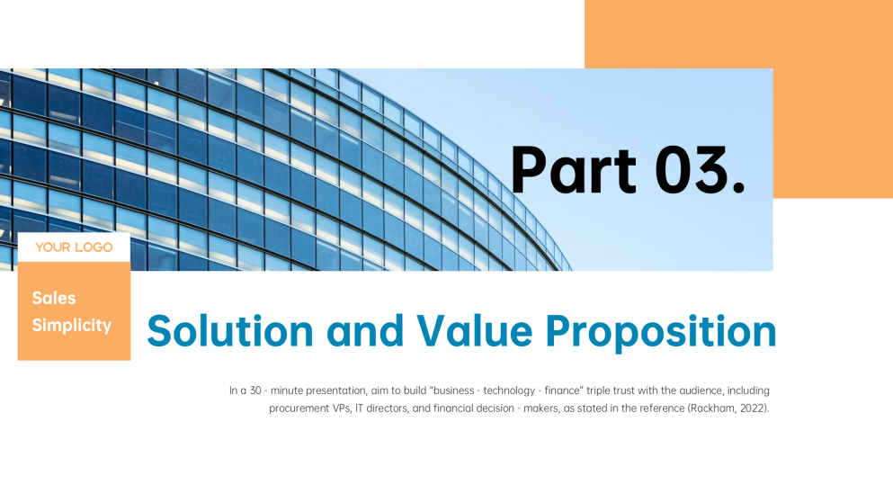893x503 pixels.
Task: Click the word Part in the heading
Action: coord(574,170)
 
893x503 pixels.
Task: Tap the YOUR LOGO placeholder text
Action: coord(74,247)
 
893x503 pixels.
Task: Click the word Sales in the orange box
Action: coord(54,298)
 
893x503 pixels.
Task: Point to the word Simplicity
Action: coord(72,325)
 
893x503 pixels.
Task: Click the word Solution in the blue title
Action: coord(230,331)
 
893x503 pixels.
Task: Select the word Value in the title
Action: coord(475,331)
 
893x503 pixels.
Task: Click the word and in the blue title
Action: coord(365,331)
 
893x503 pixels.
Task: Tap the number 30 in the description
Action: coord(255,391)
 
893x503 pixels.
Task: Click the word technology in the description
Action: coord(509,391)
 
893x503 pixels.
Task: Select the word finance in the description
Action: coord(564,391)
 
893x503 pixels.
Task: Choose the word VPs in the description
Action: coord(341,409)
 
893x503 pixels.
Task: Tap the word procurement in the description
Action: coord(298,409)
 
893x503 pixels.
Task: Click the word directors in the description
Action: coord(388,409)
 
